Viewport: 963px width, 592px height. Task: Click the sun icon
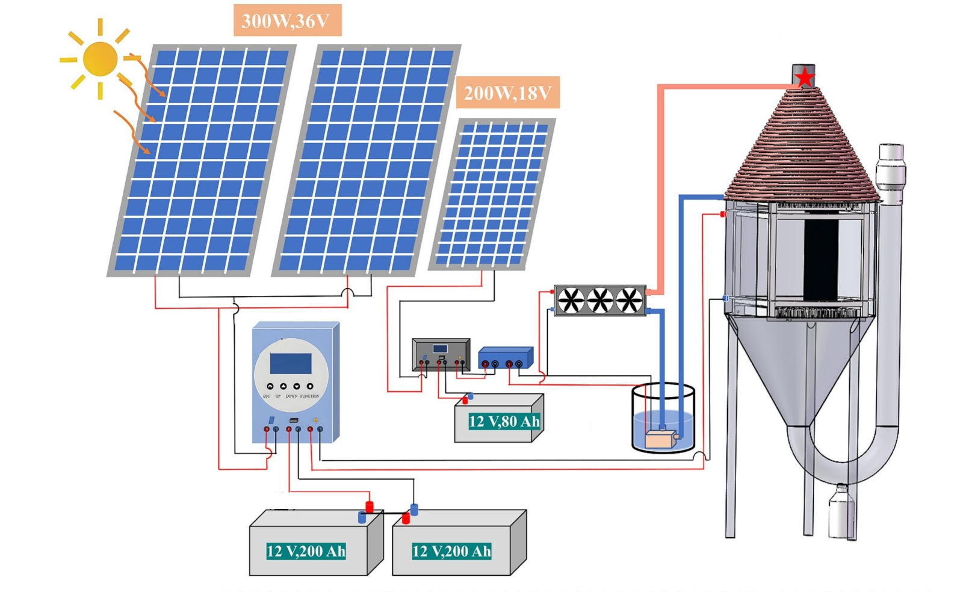[x=100, y=59]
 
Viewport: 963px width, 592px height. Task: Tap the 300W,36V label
[x=286, y=21]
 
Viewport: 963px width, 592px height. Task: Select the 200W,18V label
[x=507, y=93]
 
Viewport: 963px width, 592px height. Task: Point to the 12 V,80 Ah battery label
[x=504, y=421]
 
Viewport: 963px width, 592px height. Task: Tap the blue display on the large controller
[x=291, y=363]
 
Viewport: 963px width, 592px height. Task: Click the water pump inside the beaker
[x=660, y=439]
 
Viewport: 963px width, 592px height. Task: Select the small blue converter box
[x=505, y=357]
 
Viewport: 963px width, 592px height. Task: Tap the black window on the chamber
[x=821, y=259]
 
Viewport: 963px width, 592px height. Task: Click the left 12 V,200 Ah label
[x=306, y=551]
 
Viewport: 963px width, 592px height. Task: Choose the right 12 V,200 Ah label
[x=451, y=551]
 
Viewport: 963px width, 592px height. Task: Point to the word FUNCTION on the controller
[x=309, y=396]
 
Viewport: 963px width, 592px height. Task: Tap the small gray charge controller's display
[x=440, y=349]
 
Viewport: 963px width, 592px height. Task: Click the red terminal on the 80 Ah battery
[x=465, y=400]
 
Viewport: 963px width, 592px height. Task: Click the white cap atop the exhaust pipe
[x=891, y=150]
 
